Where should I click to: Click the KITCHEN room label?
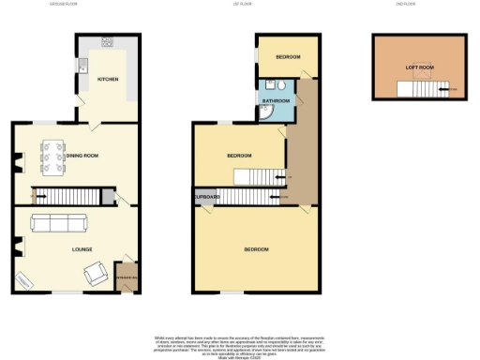pos(108,80)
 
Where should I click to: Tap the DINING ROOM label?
pos(84,155)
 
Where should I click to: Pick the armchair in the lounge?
pos(94,274)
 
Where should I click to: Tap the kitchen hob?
pos(107,42)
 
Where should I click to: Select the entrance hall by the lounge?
pos(125,277)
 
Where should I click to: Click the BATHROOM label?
pos(276,100)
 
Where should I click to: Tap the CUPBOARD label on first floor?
pos(206,197)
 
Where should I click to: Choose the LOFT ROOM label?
pos(419,67)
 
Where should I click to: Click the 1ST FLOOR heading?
pos(241,4)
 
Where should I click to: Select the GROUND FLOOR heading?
pos(64,4)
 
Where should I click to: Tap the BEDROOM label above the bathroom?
pos(287,57)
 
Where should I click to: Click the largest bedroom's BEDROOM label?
pos(257,249)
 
